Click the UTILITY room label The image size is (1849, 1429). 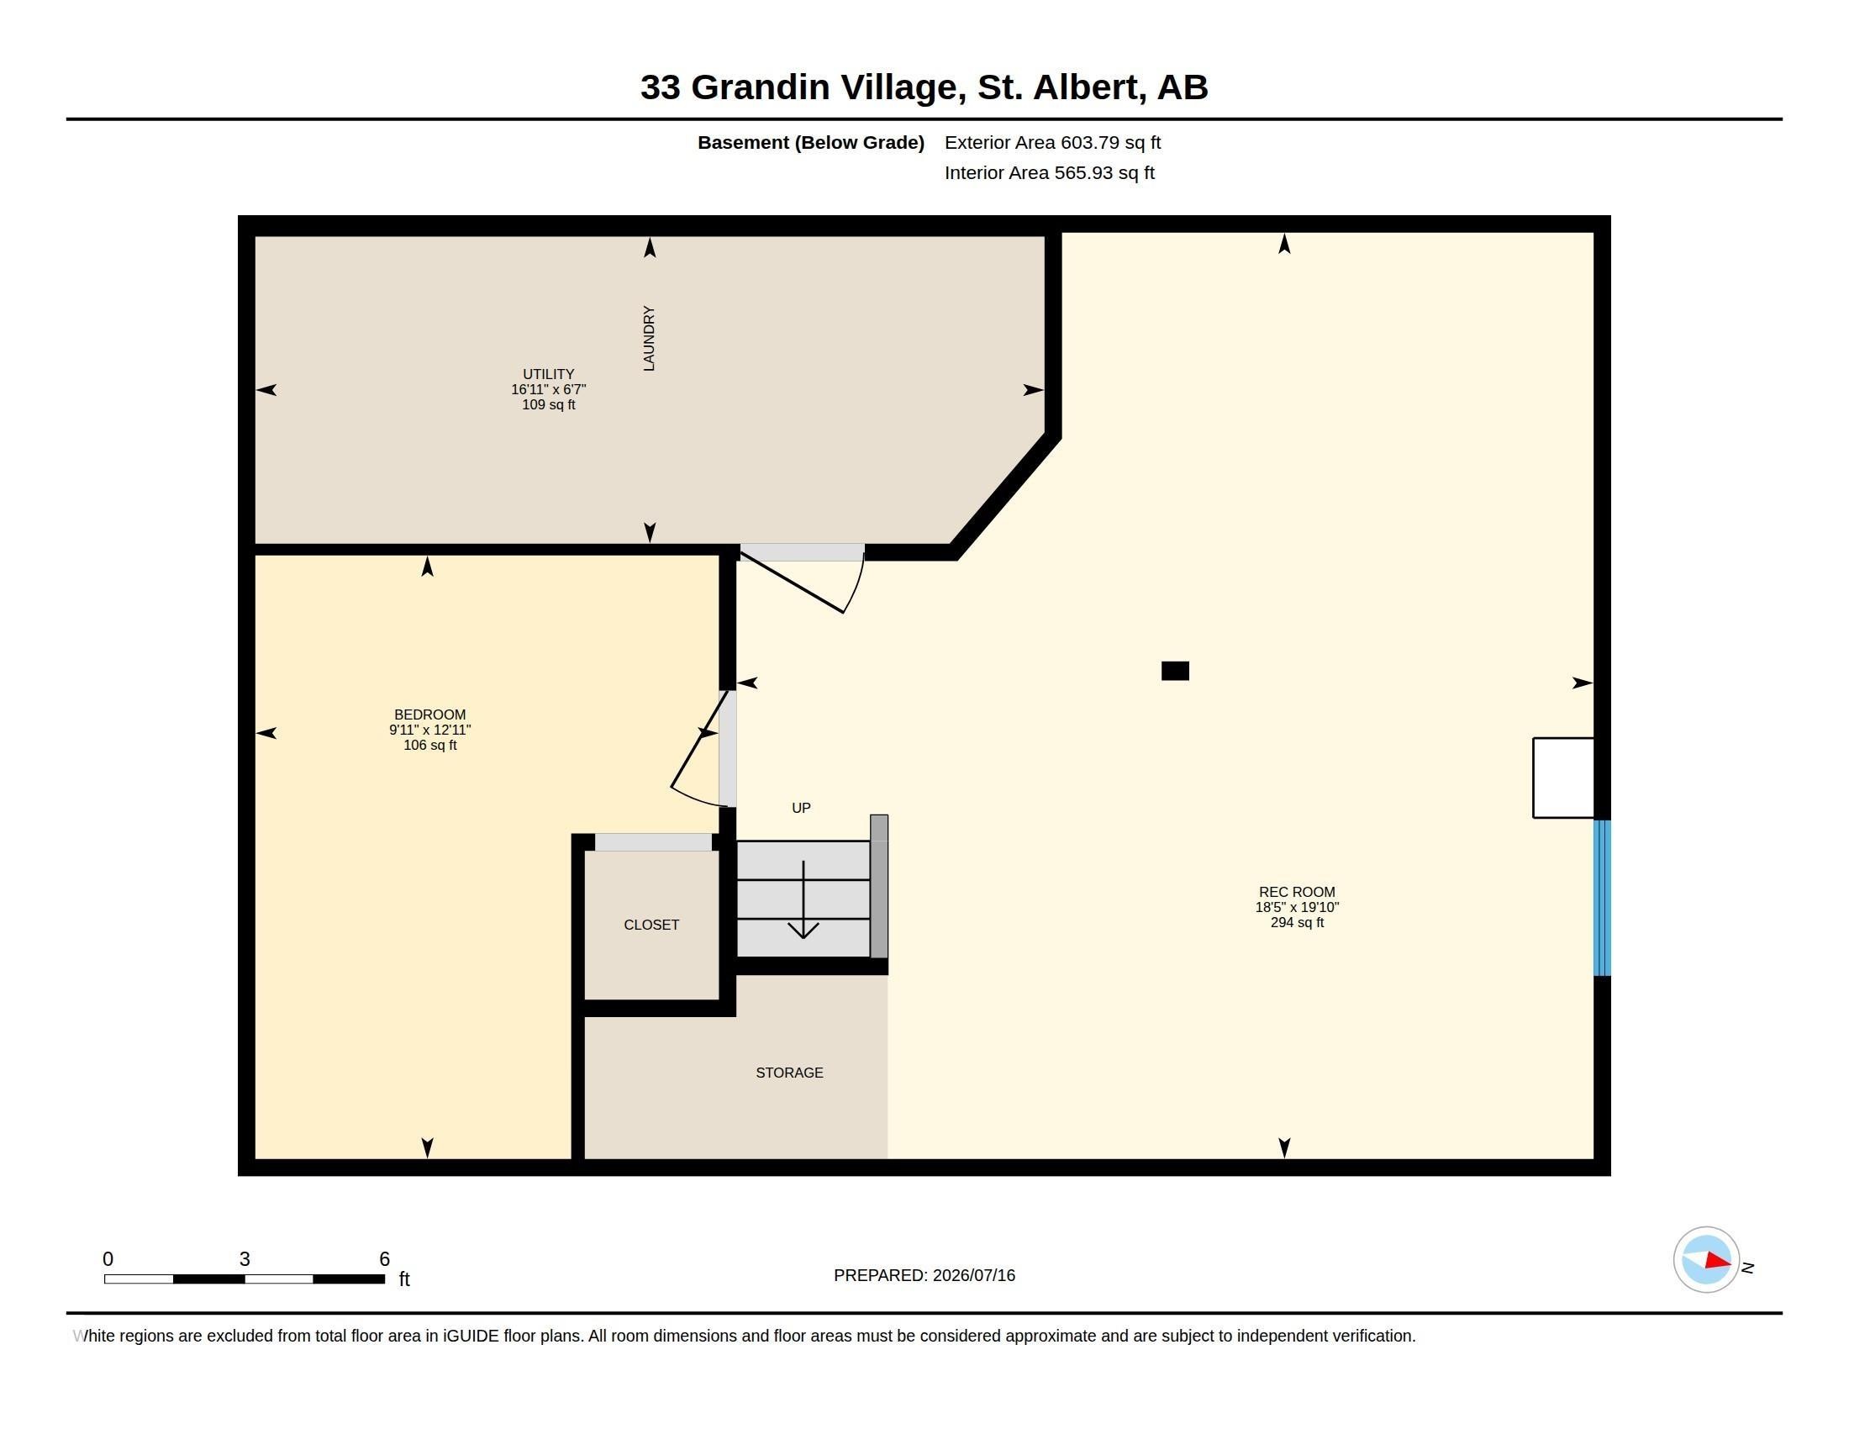548,374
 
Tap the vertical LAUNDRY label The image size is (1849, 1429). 650,339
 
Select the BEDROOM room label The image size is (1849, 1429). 430,714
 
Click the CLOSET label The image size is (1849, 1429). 651,925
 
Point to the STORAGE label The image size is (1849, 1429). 789,1073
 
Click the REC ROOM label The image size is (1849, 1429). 1296,891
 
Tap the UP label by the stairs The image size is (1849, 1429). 801,808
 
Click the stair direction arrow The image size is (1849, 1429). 803,900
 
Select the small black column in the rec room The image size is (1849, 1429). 1175,671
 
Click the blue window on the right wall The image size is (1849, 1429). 1602,898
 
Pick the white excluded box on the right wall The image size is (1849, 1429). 1563,778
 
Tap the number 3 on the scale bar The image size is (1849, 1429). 245,1259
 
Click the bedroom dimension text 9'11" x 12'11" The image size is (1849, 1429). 430,730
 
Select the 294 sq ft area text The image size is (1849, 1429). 1297,922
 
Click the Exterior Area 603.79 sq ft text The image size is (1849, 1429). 1052,142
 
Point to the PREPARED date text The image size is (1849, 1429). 924,1275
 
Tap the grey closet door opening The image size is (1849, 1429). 653,841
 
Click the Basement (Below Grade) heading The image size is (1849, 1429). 810,142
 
